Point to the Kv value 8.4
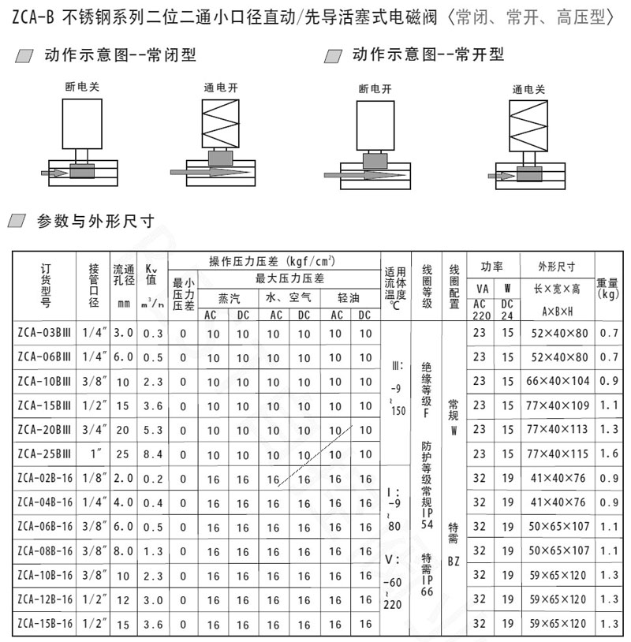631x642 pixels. point(153,456)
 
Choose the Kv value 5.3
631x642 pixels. point(153,431)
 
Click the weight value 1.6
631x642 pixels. point(608,455)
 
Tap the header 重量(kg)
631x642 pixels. point(607,288)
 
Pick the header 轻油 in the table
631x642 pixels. point(349,298)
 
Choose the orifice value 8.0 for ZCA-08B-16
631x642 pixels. point(123,551)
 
